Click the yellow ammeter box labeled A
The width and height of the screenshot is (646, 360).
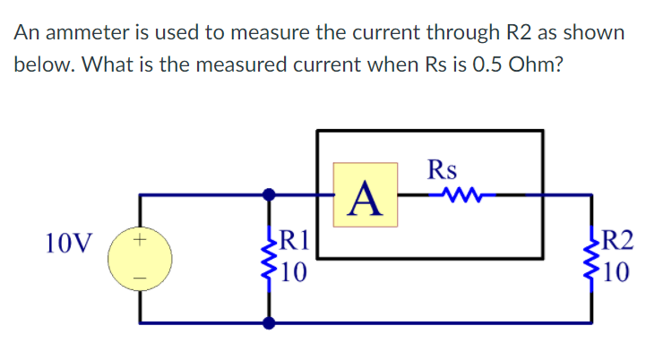366,193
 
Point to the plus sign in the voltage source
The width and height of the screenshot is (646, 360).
139,239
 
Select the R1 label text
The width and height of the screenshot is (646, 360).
295,239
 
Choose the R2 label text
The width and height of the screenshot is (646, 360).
618,239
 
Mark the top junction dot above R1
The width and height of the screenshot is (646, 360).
268,193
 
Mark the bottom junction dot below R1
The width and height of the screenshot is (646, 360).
268,321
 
